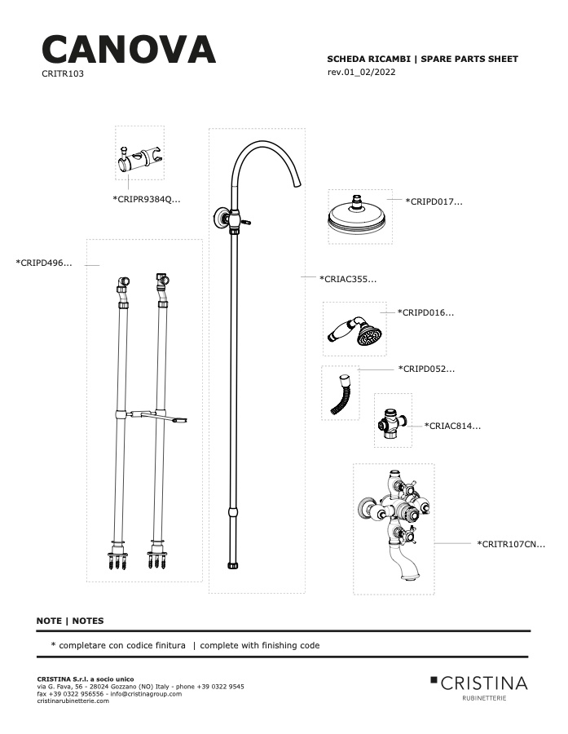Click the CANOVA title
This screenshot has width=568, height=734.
tap(129, 49)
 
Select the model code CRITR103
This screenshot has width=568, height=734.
tap(63, 73)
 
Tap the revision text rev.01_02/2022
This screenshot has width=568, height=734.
tap(361, 72)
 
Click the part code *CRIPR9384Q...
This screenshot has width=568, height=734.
tap(147, 199)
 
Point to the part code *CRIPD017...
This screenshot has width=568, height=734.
tap(434, 201)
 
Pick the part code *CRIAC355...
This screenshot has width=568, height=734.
tap(348, 279)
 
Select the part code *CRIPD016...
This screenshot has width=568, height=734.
tap(425, 312)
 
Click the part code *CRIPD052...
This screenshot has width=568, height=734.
tap(426, 369)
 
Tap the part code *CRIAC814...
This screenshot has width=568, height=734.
tap(452, 426)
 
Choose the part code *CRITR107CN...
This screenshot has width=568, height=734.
tap(511, 544)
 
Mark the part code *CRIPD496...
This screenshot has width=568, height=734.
tap(44, 263)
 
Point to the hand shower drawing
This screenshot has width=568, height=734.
tap(354, 329)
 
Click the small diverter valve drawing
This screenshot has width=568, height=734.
tap(393, 423)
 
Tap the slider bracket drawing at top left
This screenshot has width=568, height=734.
tap(140, 159)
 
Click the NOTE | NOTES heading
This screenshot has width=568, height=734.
tap(70, 621)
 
